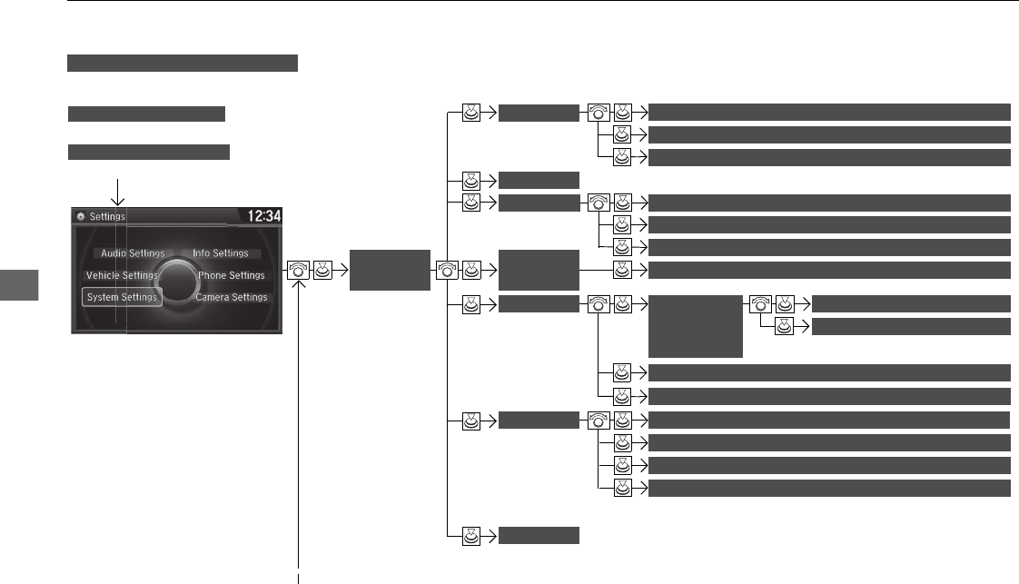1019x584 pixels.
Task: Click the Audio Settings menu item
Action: (x=132, y=253)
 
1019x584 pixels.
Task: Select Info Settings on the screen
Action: (x=220, y=253)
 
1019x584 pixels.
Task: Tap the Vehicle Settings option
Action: (x=122, y=275)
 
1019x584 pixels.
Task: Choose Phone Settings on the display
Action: (x=231, y=275)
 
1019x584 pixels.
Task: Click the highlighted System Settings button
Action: (x=122, y=297)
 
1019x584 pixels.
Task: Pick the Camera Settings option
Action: (x=231, y=297)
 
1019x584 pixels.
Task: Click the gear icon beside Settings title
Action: (x=80, y=217)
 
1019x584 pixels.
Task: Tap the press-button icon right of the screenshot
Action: (x=323, y=270)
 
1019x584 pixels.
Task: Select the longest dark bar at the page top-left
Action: (x=183, y=63)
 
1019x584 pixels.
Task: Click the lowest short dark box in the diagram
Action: (x=539, y=536)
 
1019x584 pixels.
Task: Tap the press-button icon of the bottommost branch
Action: (x=471, y=536)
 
